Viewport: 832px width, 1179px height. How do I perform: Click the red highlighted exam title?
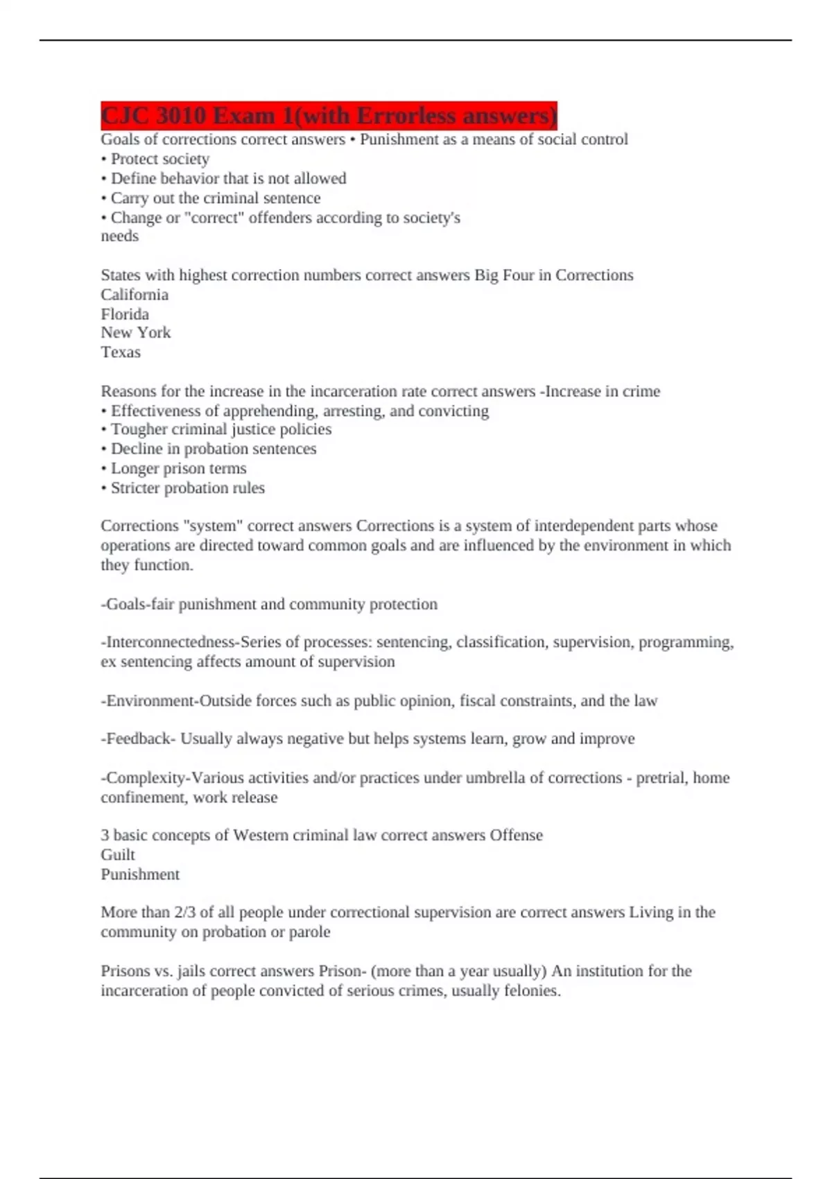pos(329,116)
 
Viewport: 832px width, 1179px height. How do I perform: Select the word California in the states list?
pos(135,295)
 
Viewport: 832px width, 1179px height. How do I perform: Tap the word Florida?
pos(125,314)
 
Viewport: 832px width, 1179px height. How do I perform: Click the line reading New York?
pos(136,333)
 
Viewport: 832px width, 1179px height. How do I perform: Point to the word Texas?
pos(121,352)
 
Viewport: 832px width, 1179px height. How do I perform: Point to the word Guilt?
pos(118,855)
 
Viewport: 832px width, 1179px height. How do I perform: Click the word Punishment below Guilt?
pos(140,875)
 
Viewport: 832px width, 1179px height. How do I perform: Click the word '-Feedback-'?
pos(139,739)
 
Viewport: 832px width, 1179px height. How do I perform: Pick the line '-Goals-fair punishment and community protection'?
pos(269,605)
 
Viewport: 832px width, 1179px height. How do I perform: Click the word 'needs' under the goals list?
pos(119,236)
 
